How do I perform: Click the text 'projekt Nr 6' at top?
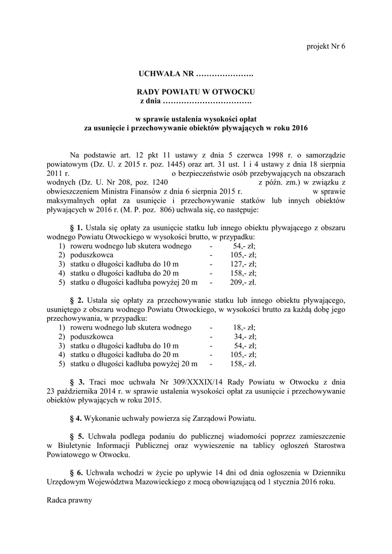coord(325,46)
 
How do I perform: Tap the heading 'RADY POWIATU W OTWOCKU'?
coord(195,92)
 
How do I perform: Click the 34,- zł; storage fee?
coord(245,337)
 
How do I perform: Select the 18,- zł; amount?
coord(245,327)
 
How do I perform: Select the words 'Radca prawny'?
coord(70,500)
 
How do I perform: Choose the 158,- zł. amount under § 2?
coord(245,364)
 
